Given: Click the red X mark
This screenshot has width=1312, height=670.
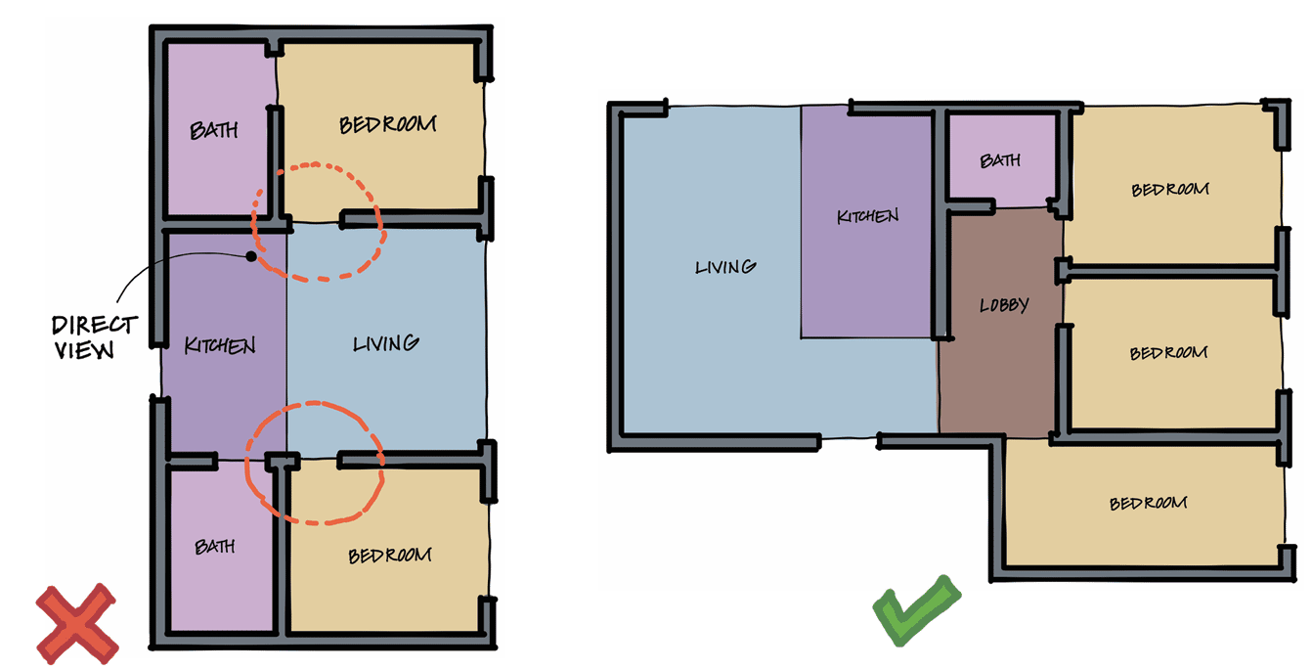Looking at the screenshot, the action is click(77, 624).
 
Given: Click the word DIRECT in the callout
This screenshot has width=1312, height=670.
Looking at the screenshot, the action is click(95, 325).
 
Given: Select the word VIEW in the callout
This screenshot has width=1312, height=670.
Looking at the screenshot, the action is click(84, 350).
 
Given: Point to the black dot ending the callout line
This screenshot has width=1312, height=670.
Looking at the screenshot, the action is click(251, 256).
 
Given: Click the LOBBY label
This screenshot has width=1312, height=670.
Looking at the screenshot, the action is click(1004, 305).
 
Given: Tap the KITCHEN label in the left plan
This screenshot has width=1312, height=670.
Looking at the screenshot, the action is click(220, 346).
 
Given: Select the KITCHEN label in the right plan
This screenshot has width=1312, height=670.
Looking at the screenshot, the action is click(867, 216).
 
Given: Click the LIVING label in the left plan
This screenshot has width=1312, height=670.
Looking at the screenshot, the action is click(386, 343).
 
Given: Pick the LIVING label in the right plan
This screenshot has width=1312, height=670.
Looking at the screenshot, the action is click(725, 267).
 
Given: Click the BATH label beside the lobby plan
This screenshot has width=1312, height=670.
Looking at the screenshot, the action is click(1000, 160).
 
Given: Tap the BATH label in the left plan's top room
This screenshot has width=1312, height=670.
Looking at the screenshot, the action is click(214, 130).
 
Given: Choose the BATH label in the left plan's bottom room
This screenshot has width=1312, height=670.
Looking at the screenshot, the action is click(215, 547).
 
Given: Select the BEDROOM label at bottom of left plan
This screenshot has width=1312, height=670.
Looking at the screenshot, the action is click(390, 556).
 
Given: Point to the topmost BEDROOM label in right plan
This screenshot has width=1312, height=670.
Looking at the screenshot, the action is click(1170, 190).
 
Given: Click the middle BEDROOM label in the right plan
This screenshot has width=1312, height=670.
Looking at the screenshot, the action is click(1168, 353).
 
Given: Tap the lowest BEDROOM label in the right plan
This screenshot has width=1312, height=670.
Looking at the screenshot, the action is click(1148, 504).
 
